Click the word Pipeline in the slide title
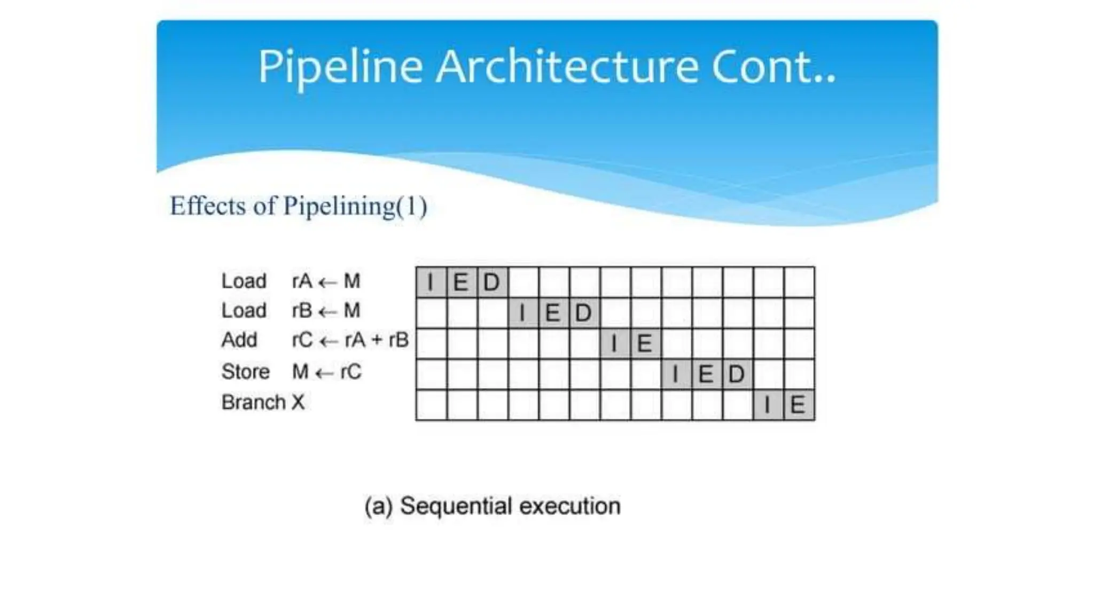pos(340,67)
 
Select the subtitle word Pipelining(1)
pos(355,206)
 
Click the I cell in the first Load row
pos(431,282)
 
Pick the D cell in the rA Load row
pos(492,282)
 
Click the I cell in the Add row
pos(614,343)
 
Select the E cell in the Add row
pos(645,343)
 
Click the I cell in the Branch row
pos(768,405)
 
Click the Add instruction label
pos(239,340)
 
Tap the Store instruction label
pos(245,372)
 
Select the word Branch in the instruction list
pos(254,402)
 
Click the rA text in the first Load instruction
pos(302,281)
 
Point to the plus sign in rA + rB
pos(377,340)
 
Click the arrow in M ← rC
pos(325,373)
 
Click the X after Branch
pos(298,402)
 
